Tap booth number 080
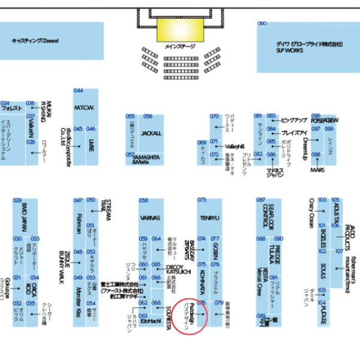(262, 24)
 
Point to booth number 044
(79, 91)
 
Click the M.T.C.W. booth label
(83, 108)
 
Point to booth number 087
(260, 200)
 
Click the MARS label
(317, 170)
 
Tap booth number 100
(322, 200)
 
